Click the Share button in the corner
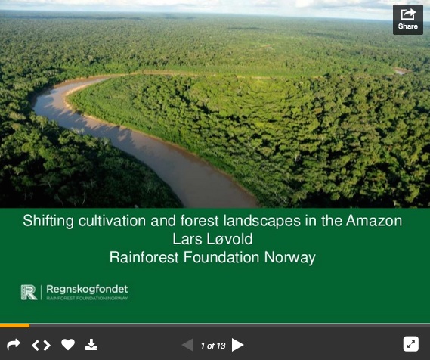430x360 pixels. [x=408, y=20]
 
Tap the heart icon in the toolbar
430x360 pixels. [x=68, y=345]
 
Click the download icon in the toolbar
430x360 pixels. [x=91, y=345]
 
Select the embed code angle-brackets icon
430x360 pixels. [x=41, y=345]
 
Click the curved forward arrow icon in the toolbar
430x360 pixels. [x=14, y=344]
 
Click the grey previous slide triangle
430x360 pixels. [x=188, y=345]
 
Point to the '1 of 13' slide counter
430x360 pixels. [x=213, y=346]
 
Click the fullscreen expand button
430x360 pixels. [x=411, y=344]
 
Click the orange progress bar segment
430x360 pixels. [x=15, y=326]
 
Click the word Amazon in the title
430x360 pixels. [x=374, y=221]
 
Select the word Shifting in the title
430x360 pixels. [x=48, y=221]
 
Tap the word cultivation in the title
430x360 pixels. [x=112, y=221]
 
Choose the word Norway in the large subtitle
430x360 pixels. [x=290, y=258]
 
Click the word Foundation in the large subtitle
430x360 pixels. [x=221, y=257]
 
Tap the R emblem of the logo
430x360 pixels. [x=29, y=292]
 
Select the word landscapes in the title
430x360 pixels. [x=262, y=221]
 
